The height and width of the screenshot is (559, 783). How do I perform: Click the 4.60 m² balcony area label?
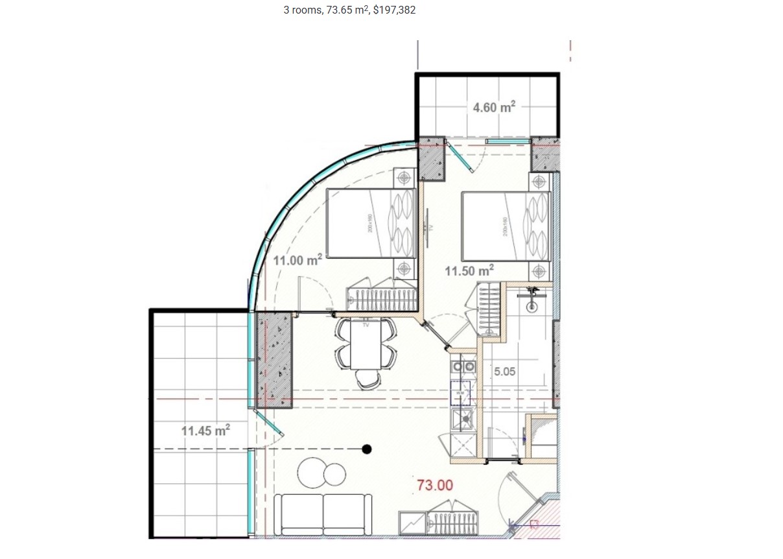coord(493,108)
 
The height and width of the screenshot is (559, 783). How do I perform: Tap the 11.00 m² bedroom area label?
coord(298,261)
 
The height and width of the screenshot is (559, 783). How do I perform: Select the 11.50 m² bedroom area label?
coord(469,269)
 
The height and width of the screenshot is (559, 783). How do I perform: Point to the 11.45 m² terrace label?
coord(205,429)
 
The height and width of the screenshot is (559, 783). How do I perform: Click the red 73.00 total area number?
coord(435,484)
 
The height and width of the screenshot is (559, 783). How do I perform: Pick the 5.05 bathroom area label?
coord(505,372)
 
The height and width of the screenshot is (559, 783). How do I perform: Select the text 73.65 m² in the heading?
coord(344,10)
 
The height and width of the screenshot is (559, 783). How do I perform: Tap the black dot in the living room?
coord(367,449)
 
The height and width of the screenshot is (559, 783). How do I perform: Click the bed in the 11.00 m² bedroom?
coord(371,223)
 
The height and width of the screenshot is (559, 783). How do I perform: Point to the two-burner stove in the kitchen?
coord(463,368)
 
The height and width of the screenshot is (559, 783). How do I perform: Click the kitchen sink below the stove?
coord(463,420)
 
